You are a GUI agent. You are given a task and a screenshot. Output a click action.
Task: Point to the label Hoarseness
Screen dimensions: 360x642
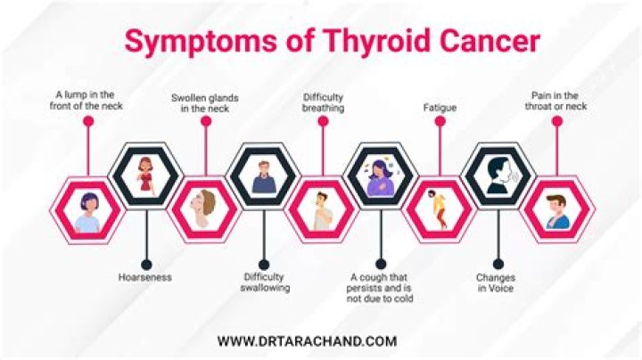pyautogui.click(x=144, y=277)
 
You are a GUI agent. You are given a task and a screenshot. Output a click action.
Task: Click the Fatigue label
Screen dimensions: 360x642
pyautogui.click(x=440, y=108)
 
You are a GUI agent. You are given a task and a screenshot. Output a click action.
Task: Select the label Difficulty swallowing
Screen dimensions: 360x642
pyautogui.click(x=265, y=282)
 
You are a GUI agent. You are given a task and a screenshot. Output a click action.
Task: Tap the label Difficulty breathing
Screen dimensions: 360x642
pyautogui.click(x=323, y=102)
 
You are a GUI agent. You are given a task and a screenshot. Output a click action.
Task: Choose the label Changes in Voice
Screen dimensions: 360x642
pyautogui.click(x=496, y=282)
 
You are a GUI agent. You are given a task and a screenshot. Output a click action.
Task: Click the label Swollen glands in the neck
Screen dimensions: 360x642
pyautogui.click(x=205, y=102)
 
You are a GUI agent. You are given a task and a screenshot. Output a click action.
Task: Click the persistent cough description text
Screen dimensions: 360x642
pyautogui.click(x=381, y=288)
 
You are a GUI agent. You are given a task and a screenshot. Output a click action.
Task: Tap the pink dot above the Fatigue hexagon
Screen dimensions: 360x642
pyautogui.click(x=440, y=122)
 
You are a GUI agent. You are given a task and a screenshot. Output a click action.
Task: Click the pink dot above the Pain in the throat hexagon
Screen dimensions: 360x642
pyautogui.click(x=556, y=122)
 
